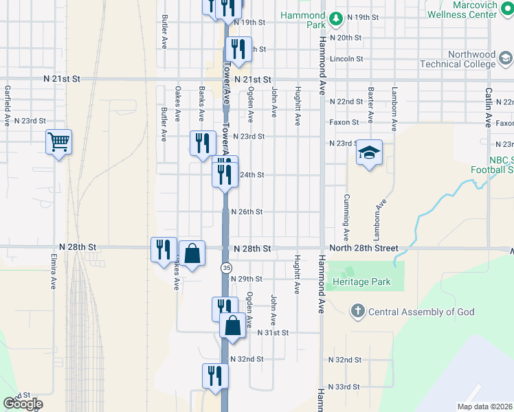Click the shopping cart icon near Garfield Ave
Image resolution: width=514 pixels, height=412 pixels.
click(x=59, y=142)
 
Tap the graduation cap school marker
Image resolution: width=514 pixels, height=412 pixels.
click(x=369, y=153)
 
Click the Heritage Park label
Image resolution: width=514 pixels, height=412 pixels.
click(x=361, y=282)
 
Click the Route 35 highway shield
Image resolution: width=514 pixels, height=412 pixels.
click(x=226, y=267)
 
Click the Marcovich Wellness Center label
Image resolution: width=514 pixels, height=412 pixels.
click(x=462, y=9)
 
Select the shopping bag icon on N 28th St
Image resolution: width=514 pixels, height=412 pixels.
click(x=192, y=253)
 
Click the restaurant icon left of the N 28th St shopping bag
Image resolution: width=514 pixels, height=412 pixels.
click(x=164, y=249)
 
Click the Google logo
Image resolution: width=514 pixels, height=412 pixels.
click(x=23, y=404)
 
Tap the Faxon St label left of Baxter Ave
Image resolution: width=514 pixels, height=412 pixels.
click(x=344, y=122)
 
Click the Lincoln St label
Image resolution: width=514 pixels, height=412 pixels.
click(x=346, y=58)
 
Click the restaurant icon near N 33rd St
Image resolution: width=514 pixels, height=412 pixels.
click(x=215, y=376)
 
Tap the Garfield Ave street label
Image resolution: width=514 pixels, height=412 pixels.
click(x=7, y=99)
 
